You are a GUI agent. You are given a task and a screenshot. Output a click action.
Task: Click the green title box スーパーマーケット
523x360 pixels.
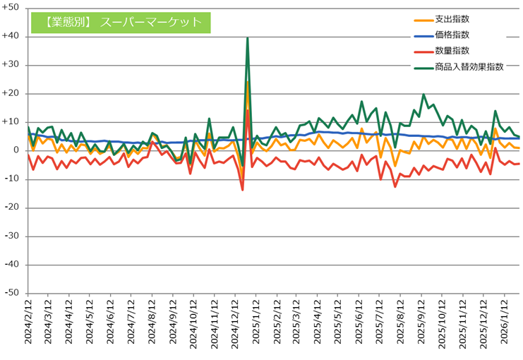121,23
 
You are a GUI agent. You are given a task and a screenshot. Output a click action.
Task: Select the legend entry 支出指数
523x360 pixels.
452,19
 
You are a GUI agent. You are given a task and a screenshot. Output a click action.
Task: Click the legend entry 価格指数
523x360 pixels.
452,35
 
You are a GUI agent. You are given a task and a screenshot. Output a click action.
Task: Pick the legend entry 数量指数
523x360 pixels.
452,51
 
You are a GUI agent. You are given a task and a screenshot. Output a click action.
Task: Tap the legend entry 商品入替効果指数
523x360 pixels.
469,66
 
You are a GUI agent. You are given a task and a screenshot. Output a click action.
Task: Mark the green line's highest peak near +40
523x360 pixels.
248,38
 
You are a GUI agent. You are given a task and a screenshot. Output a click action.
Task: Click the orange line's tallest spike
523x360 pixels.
248,82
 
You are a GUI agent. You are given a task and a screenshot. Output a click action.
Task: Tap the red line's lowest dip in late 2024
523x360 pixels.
242,190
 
